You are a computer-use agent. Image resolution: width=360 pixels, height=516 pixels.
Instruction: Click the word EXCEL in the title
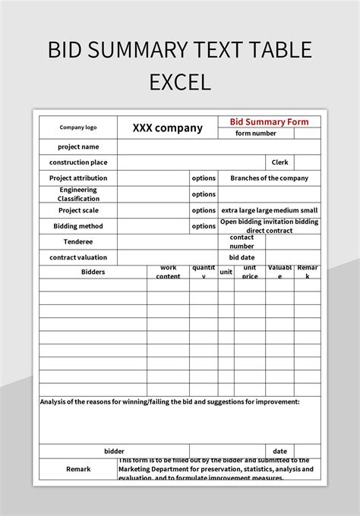pos(180,80)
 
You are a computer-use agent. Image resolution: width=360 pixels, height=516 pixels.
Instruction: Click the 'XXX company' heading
pos(167,127)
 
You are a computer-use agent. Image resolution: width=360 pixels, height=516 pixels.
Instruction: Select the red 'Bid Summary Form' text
pos(270,121)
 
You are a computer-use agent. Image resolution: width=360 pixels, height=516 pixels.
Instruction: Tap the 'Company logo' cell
pos(78,127)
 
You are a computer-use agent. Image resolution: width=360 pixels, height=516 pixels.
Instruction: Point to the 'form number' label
pos(256,134)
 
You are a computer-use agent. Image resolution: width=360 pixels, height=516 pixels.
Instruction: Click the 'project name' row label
pos(78,146)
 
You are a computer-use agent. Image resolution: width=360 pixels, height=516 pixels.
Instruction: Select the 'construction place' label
pos(78,162)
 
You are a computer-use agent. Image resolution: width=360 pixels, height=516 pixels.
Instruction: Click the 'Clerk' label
pos(279,162)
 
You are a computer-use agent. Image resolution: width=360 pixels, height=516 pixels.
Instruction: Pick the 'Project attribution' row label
pos(78,178)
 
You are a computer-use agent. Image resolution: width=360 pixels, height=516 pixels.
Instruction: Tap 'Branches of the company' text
pos(269,178)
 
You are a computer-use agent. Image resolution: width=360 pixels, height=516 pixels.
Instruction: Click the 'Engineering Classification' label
pos(78,193)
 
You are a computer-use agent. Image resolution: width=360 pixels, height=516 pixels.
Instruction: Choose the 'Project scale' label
pos(78,210)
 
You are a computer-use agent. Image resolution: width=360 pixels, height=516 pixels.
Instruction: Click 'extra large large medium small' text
pos(269,210)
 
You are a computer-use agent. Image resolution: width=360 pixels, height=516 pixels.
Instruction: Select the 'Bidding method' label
pos(78,226)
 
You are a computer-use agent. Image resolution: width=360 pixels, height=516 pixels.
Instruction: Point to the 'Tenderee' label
pos(78,242)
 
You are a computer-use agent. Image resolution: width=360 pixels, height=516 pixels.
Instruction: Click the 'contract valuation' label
pos(78,258)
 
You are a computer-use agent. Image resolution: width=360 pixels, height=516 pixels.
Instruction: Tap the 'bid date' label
pos(242,258)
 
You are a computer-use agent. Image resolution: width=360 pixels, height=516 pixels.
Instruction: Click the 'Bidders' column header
pos(93,272)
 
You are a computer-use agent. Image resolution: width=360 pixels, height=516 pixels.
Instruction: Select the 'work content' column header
pos(168,272)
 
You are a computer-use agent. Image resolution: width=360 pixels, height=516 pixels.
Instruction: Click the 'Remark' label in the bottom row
pos(78,469)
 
